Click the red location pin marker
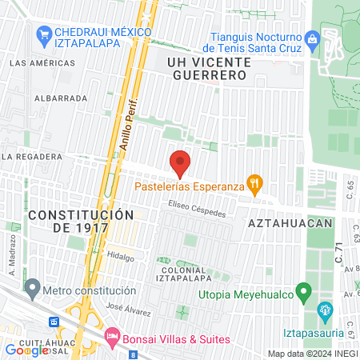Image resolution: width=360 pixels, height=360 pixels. coord(180,163)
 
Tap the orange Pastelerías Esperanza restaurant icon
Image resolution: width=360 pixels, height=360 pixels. coord(254,186)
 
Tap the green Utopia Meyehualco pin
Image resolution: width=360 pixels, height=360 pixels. coord(303,292)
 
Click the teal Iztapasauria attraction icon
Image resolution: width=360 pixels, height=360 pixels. coord(325,310)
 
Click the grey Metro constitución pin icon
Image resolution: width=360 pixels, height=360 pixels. coord(32,286)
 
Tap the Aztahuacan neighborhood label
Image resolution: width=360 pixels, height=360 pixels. coord(290,222)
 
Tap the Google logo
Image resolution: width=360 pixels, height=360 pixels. coord(26,350)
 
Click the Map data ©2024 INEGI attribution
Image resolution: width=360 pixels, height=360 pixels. coord(311,354)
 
